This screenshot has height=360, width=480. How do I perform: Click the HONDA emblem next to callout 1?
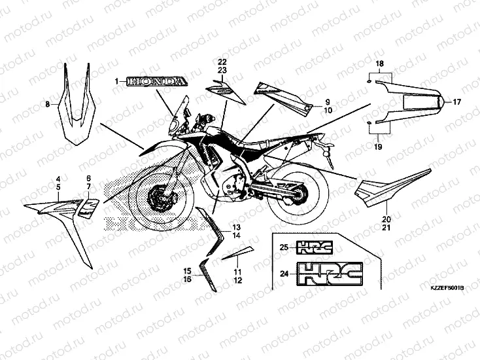pos(156,81)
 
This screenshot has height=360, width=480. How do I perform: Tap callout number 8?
pos(47,104)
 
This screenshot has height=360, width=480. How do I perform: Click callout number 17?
pos(456,102)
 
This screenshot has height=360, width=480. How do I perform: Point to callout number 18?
pos(378,62)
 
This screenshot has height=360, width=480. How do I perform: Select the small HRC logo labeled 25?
pos(316,247)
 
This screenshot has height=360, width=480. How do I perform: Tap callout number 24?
pos(283,274)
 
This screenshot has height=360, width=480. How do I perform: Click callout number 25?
pos(283,247)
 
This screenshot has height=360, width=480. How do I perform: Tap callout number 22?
pos(222,62)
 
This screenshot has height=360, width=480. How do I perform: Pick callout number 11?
pos(237,272)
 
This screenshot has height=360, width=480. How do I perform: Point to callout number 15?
pos(186,270)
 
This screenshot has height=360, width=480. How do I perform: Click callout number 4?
pos(58,179)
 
